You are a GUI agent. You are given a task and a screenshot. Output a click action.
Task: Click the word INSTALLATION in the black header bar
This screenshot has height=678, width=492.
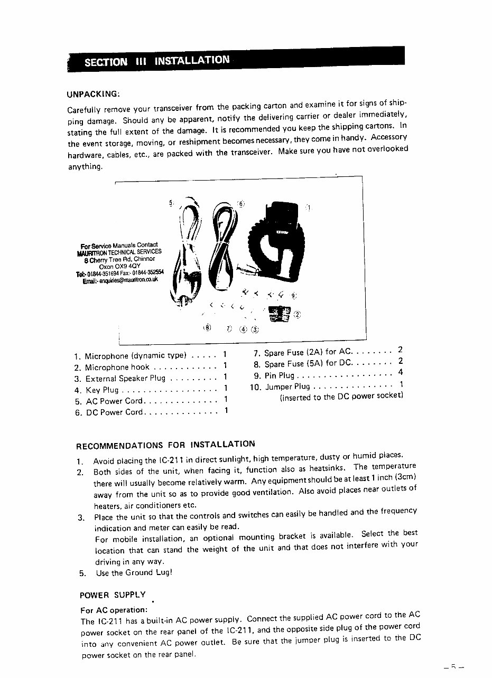(x=192, y=60)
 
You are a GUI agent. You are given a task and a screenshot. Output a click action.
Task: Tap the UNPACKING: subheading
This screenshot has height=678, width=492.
(x=94, y=95)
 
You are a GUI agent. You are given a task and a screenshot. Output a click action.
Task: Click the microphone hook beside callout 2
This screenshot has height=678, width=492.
(x=279, y=315)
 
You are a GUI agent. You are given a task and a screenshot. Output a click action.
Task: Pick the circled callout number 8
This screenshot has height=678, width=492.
(x=207, y=327)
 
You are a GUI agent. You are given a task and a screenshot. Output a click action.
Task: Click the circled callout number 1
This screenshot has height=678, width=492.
(x=309, y=208)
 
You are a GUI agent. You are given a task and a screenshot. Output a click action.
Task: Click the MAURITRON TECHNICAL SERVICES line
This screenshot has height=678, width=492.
(x=119, y=252)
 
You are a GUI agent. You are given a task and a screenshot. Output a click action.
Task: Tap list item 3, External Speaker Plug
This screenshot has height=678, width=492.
(x=125, y=379)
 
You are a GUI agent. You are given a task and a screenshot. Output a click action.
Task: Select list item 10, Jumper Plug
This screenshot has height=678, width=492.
(x=287, y=387)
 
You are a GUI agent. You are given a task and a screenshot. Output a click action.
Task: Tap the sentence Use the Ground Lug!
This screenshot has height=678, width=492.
(x=134, y=572)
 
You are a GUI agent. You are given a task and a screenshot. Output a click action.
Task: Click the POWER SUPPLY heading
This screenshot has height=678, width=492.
(x=112, y=595)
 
